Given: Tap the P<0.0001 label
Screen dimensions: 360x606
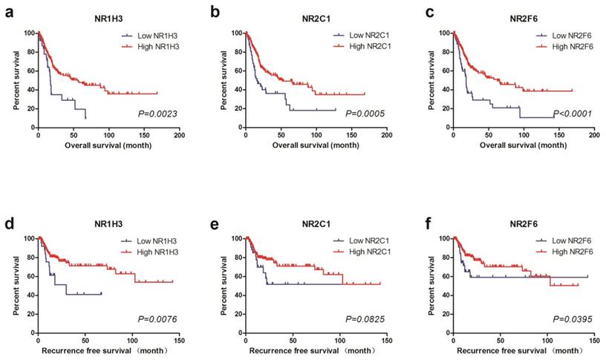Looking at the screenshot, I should (570, 114).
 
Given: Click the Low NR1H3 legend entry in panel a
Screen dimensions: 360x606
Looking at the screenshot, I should (153, 36).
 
